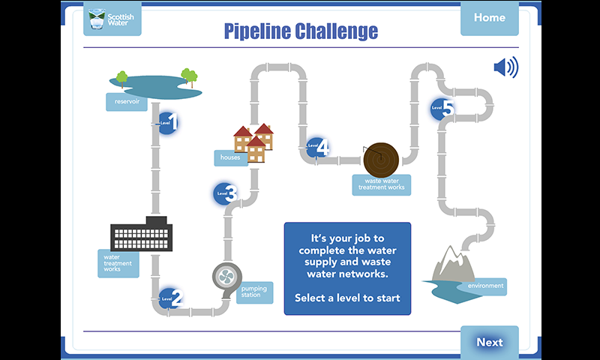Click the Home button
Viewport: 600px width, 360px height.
[489, 18]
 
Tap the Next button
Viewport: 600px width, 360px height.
[489, 342]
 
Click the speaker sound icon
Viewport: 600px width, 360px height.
[505, 68]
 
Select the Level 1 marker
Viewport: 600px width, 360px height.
[168, 122]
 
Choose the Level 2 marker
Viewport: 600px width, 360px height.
[170, 298]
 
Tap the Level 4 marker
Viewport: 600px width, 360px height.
[318, 147]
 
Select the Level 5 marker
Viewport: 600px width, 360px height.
[442, 109]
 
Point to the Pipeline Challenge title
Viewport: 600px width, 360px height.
[301, 31]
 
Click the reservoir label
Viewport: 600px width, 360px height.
[126, 102]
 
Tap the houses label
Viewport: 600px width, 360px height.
[230, 157]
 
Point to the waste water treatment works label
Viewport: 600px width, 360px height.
[382, 184]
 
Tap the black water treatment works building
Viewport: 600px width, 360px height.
[141, 235]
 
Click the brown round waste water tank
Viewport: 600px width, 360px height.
[381, 158]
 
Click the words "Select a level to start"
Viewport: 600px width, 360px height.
[347, 298]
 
